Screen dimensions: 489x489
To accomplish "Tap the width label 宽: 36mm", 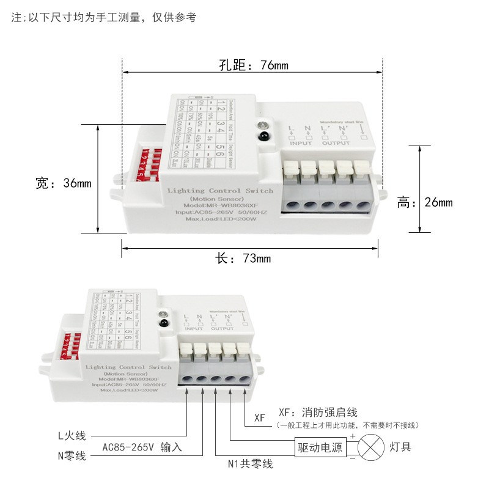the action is pos(63,183).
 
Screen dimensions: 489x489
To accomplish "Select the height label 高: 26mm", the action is pos(425,202).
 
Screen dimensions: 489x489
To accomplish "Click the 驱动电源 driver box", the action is pos(320,447).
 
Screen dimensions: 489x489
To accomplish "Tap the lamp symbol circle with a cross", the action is pos(369,447).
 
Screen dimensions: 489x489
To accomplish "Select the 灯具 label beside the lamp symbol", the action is pos(400,447).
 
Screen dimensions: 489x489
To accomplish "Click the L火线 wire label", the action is pos(72,436).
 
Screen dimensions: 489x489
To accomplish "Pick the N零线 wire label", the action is pos(72,455).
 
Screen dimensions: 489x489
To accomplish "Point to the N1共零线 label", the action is pos(250,465).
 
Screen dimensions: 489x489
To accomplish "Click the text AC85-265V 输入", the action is pos(142,447).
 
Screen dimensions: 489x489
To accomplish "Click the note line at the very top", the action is pos(104,18).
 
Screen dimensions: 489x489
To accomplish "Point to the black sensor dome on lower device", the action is pos(164,322).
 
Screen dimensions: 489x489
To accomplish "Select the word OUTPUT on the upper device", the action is pos(336,143).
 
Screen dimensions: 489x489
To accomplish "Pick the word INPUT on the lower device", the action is pos(194,328).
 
